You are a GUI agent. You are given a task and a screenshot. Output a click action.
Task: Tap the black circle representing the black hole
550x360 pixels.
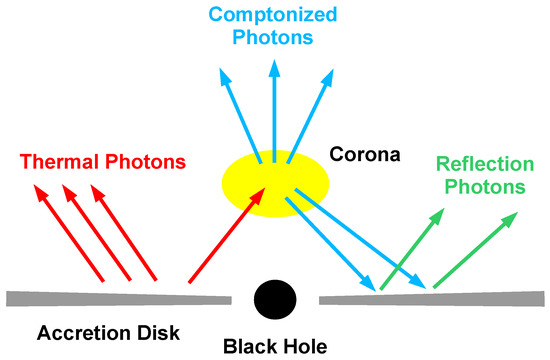(x=275, y=299)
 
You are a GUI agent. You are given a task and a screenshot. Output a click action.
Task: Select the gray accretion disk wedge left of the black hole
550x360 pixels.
(x=120, y=298)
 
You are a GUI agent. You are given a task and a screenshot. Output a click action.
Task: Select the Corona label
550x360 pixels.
(x=365, y=156)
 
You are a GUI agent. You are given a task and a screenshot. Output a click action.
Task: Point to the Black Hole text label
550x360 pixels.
(x=274, y=347)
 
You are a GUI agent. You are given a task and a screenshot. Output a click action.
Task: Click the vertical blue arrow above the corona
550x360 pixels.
(x=274, y=110)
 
